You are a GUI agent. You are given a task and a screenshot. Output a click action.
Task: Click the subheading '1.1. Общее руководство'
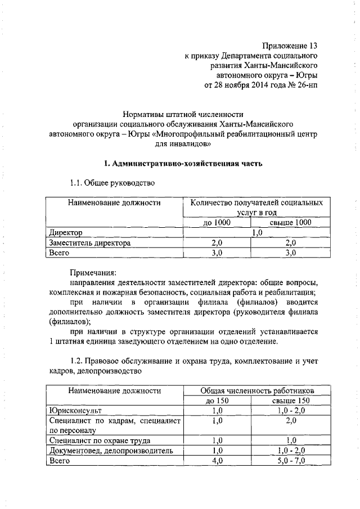pos(112,183)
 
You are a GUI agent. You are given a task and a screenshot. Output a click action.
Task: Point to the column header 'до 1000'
pos(217,223)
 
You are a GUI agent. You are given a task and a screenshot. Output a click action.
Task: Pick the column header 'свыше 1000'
pos(290,223)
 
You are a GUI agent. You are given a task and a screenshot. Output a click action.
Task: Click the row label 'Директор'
pos(66,233)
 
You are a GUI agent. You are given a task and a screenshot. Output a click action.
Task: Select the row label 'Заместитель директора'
pos(90,243)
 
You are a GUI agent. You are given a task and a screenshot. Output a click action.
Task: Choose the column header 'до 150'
pos(217,400)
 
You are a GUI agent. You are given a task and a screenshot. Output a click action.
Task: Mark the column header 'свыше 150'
pos(290,400)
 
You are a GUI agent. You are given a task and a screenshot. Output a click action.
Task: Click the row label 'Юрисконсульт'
pos(75,411)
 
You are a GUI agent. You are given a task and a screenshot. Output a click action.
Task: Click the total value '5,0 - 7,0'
pos(291,461)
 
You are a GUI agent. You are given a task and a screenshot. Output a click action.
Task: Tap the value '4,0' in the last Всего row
pos(217,461)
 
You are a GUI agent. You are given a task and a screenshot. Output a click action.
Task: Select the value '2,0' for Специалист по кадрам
pos(291,421)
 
